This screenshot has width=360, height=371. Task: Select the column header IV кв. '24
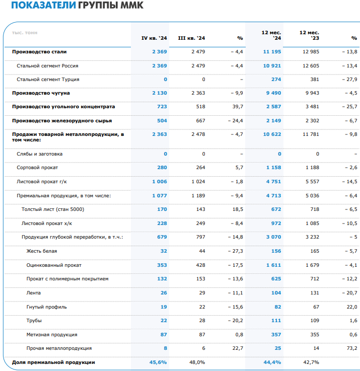coord(154,38)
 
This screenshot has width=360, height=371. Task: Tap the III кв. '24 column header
coord(191,38)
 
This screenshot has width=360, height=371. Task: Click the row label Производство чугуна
coord(41,93)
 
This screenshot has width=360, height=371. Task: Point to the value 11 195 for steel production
coord(272,52)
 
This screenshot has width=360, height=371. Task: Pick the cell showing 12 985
coord(309,52)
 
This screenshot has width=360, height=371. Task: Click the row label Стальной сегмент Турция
coord(48,80)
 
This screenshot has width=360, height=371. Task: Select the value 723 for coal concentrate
coord(162,107)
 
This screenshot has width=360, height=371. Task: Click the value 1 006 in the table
coord(159,181)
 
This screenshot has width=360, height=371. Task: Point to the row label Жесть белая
coord(42,251)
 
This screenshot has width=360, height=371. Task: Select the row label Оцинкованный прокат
coord(54,265)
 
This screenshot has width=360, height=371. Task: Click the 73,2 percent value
coord(351,348)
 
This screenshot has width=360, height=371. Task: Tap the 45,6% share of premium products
coord(158,362)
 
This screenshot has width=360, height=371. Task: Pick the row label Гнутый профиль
coord(46,307)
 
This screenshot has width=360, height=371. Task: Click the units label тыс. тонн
coord(25,33)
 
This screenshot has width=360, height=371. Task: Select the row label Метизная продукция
coord(52,335)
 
